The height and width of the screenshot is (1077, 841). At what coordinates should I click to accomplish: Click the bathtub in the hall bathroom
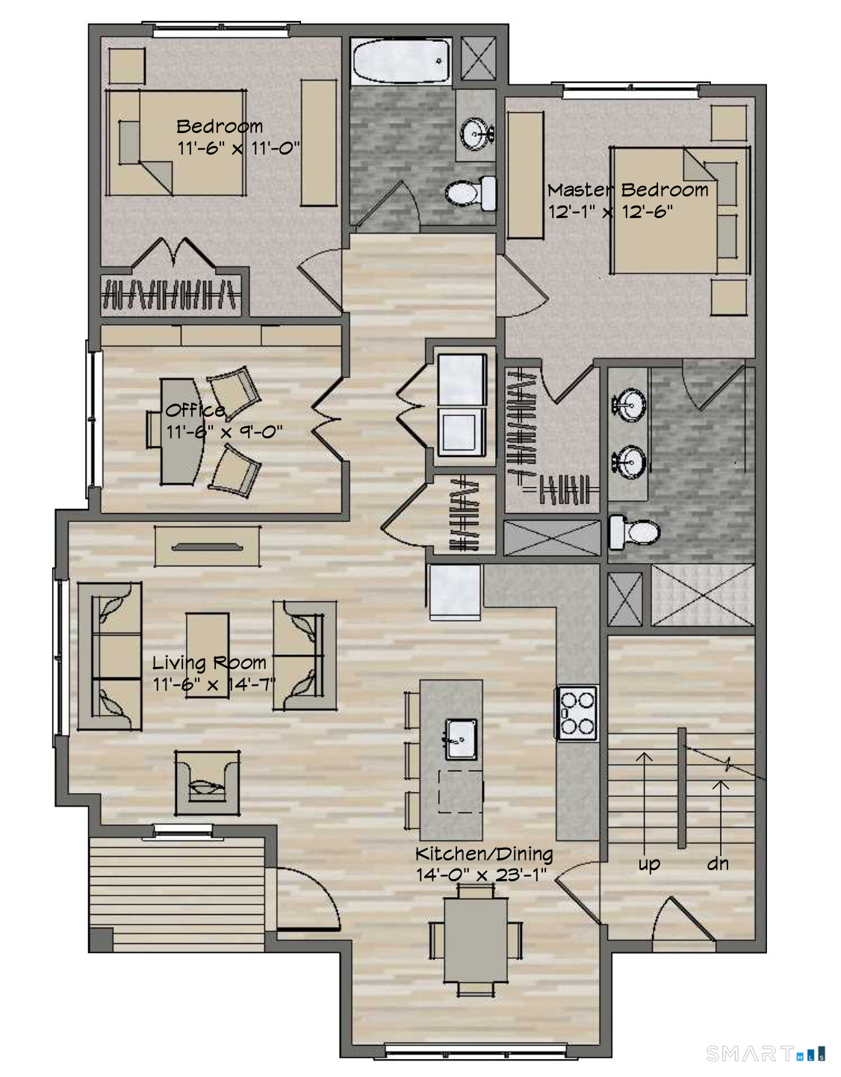(x=400, y=61)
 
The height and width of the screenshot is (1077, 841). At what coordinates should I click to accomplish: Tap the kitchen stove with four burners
(x=577, y=713)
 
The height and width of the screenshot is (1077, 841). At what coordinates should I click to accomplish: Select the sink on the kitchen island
(x=460, y=739)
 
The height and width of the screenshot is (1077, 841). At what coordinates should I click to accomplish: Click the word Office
(x=195, y=410)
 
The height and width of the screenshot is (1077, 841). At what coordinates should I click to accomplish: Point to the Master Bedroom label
(x=628, y=190)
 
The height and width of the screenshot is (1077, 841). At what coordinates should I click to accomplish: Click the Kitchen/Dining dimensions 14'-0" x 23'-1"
(x=481, y=875)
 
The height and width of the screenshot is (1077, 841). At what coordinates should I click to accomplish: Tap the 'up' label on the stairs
(x=649, y=865)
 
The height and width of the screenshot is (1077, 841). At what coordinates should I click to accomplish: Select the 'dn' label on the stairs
(x=718, y=864)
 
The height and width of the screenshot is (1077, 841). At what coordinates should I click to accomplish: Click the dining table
(x=475, y=940)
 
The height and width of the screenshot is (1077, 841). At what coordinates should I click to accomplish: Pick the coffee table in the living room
(x=207, y=655)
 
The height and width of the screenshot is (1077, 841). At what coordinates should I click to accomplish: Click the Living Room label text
(x=209, y=663)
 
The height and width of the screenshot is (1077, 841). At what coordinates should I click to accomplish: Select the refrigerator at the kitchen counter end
(x=454, y=592)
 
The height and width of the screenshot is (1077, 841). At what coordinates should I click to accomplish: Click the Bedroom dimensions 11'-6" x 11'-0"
(x=239, y=148)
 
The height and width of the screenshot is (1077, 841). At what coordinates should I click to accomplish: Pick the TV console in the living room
(x=207, y=546)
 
